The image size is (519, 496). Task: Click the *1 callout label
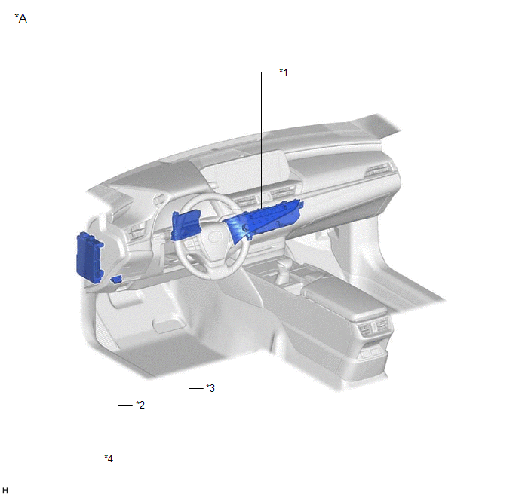(x=284, y=72)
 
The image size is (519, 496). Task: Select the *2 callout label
(x=140, y=404)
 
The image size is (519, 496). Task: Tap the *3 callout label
(x=210, y=388)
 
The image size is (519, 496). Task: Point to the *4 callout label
(x=109, y=458)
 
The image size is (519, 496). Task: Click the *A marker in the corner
(x=21, y=18)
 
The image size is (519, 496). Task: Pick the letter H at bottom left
(x=5, y=490)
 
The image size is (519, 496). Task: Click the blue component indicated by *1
(x=264, y=221)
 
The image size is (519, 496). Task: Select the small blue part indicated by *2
(x=116, y=280)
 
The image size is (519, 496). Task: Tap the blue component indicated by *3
(x=186, y=225)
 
